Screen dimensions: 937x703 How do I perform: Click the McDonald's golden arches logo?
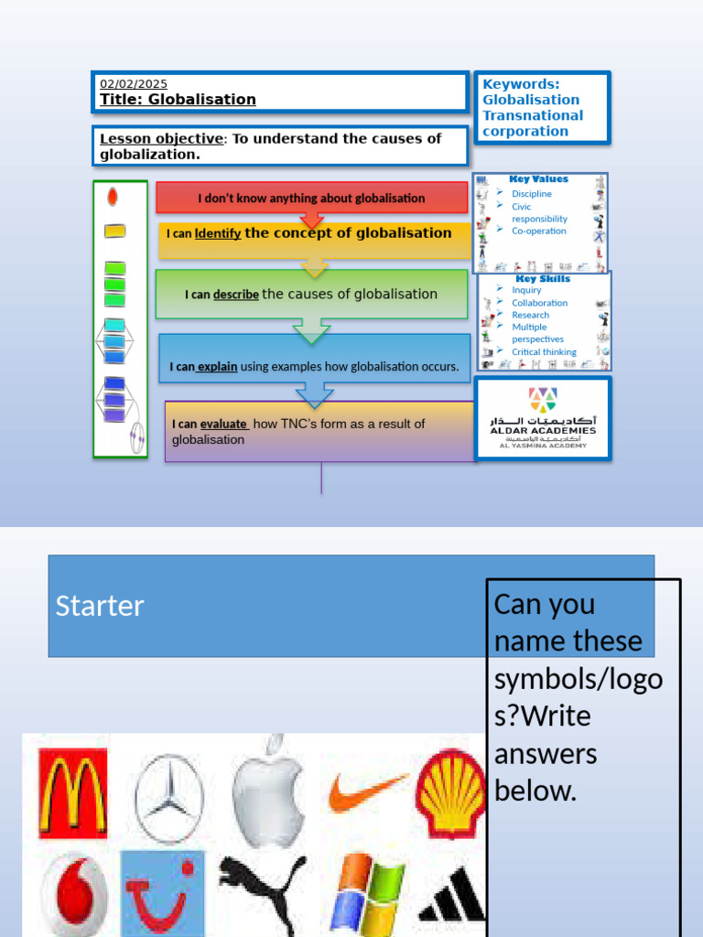pyautogui.click(x=72, y=793)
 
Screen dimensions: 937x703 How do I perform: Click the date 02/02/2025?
pyautogui.click(x=134, y=84)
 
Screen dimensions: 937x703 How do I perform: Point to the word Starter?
pyautogui.click(x=100, y=606)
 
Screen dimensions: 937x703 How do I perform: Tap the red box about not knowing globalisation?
pyautogui.click(x=311, y=198)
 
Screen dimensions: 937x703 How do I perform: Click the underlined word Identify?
pyautogui.click(x=218, y=233)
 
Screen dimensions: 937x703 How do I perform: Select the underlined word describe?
pyautogui.click(x=236, y=295)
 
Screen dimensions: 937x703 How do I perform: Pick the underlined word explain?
pyautogui.click(x=217, y=367)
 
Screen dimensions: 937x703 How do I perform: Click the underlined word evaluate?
pyautogui.click(x=223, y=424)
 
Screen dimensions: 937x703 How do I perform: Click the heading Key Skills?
pyautogui.click(x=543, y=278)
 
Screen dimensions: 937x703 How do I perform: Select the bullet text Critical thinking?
pyautogui.click(x=544, y=351)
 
